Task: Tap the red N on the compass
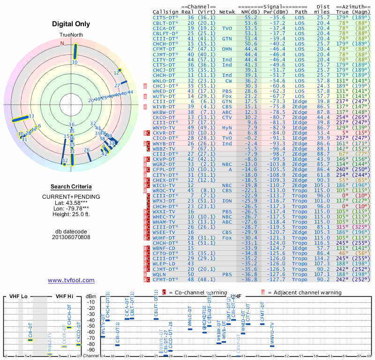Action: coord(62,43)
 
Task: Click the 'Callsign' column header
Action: coord(165,11)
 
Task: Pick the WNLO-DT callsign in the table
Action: coord(164,81)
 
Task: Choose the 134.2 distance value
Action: coord(322,258)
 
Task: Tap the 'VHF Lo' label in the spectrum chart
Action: coord(17,296)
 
